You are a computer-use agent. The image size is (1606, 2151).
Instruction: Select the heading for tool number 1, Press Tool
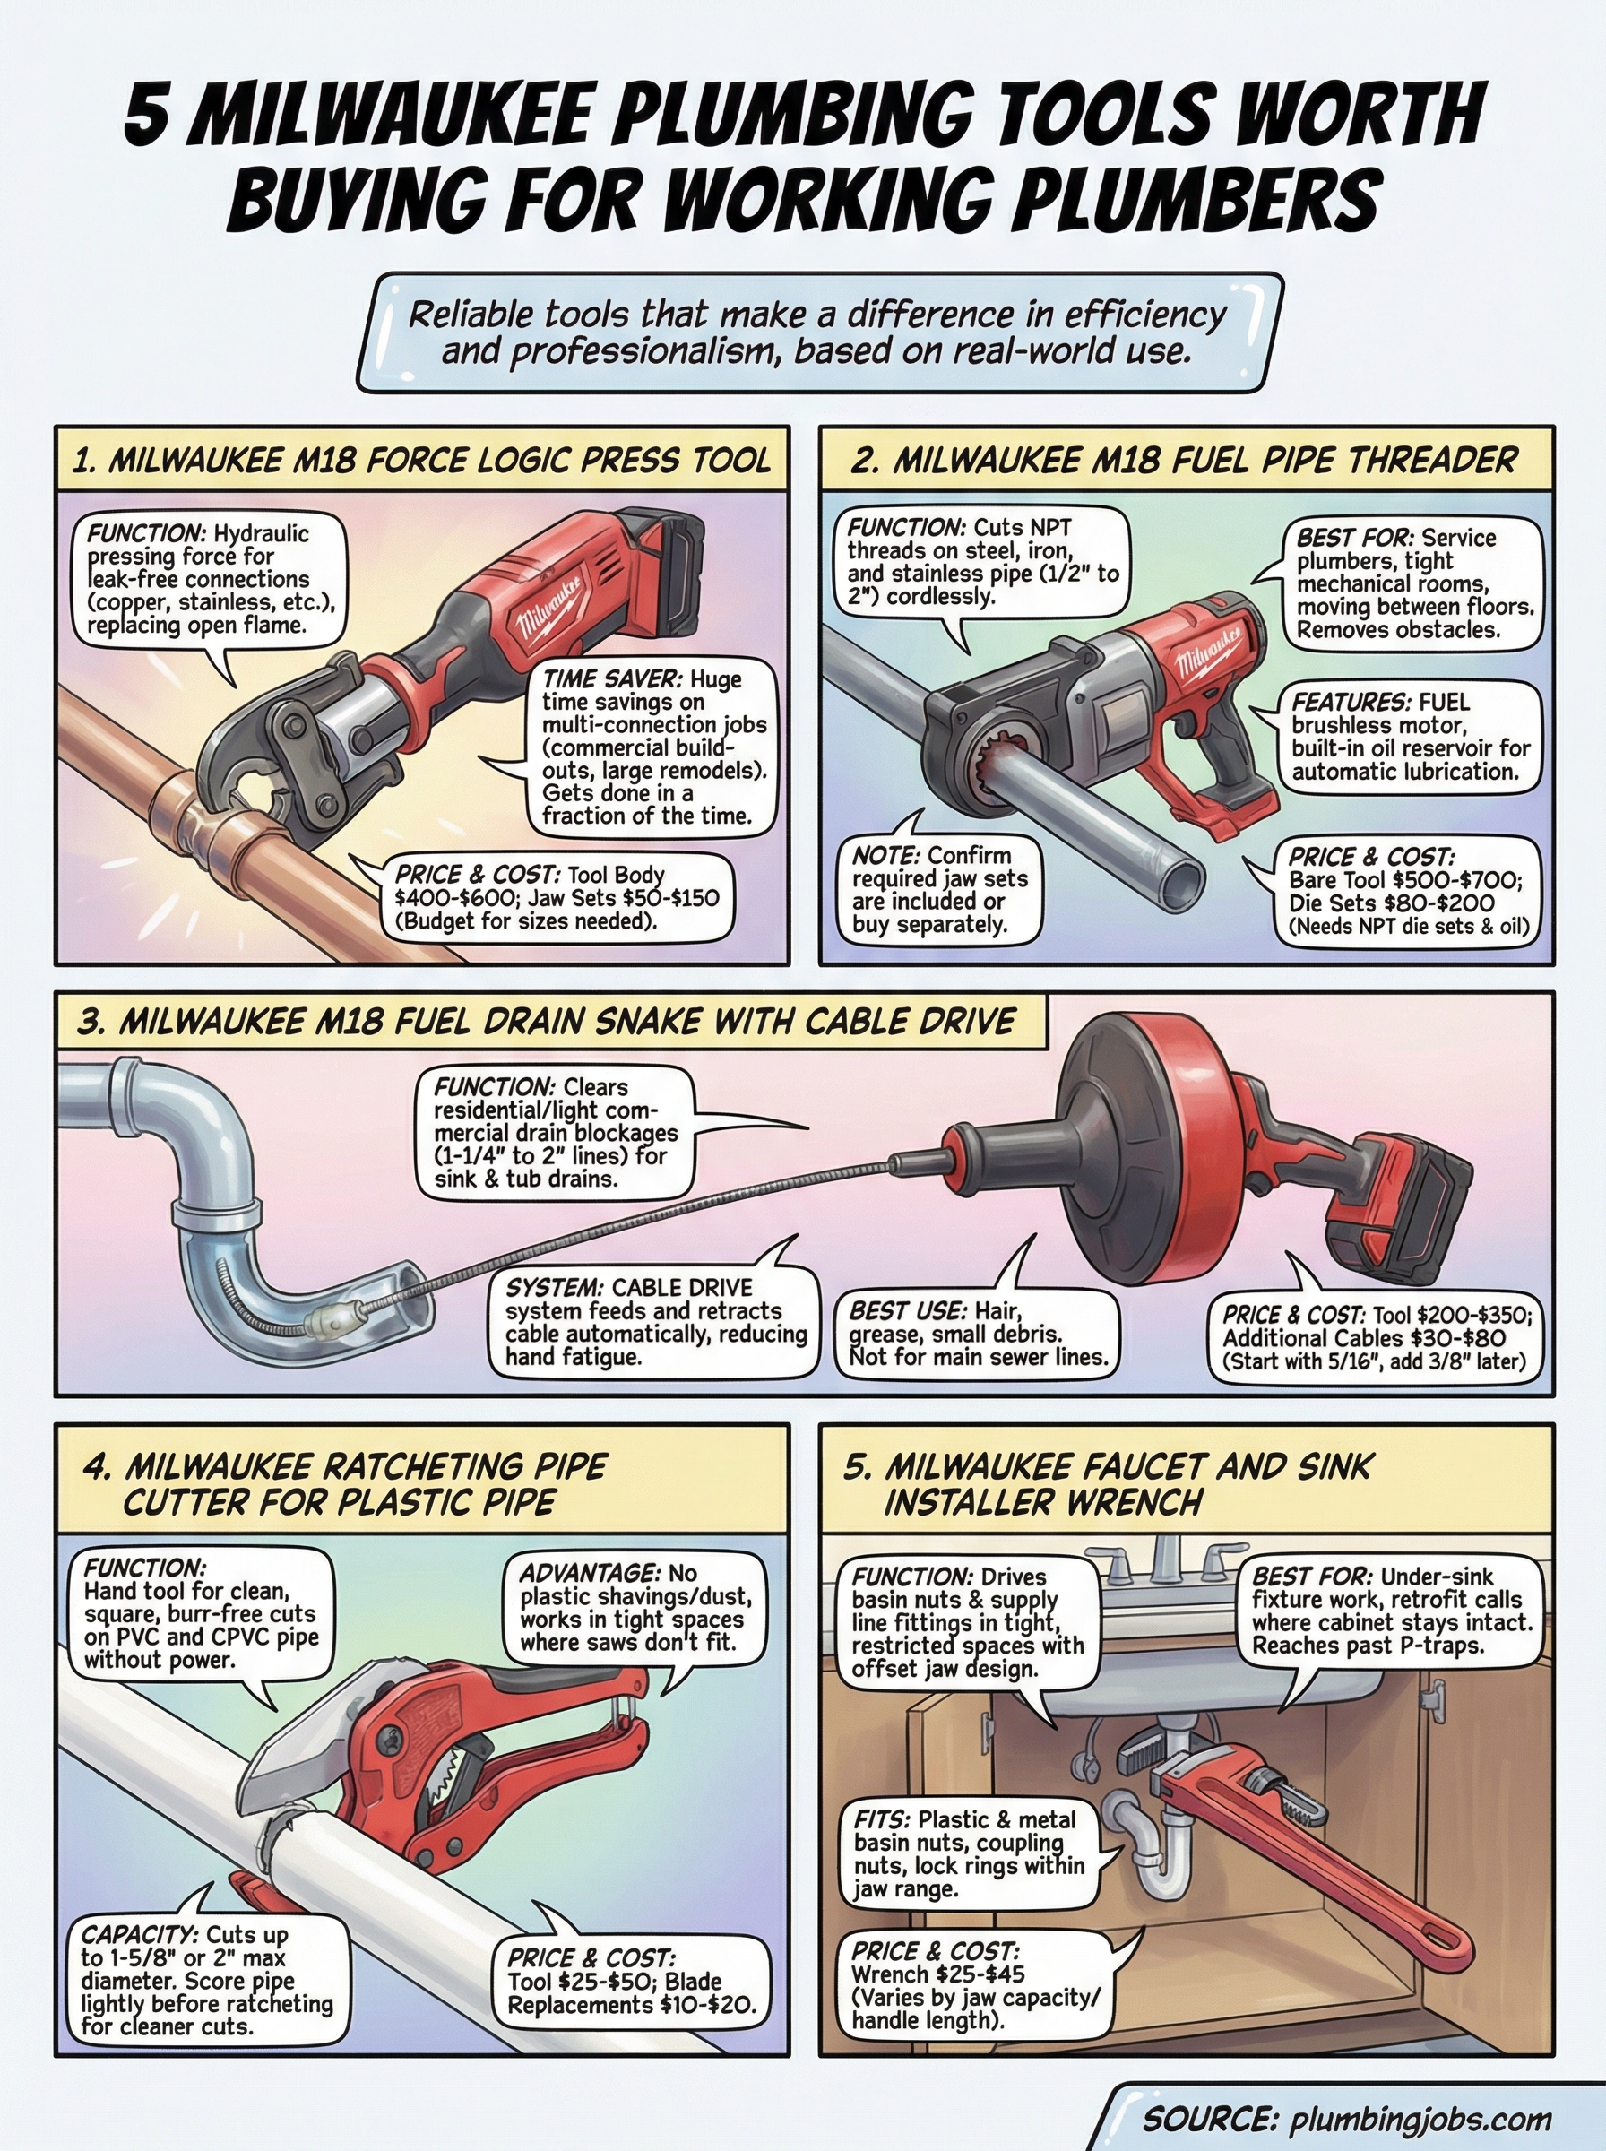422,460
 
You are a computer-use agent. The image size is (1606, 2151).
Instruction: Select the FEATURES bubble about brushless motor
1410,737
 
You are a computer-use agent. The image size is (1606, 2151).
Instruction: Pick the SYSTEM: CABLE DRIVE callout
655,1321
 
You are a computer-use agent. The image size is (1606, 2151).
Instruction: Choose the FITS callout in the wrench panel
968,1853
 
